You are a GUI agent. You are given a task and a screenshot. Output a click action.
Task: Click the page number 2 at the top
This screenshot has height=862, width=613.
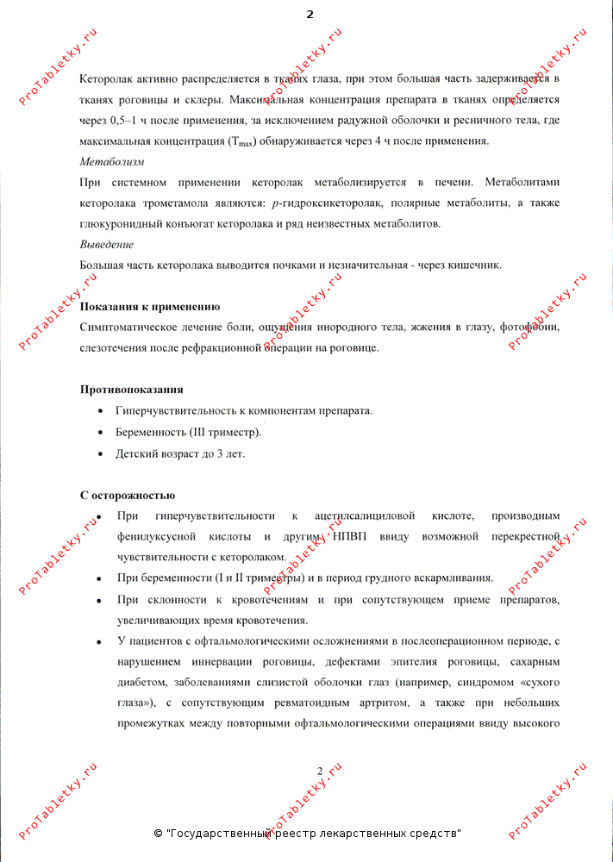click(x=310, y=15)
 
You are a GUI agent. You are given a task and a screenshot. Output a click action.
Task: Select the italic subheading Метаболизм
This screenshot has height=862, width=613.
click(x=111, y=161)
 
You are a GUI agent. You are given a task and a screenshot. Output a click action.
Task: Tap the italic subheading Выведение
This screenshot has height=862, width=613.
click(x=106, y=244)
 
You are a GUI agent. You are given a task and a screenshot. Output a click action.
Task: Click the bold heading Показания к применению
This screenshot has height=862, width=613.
click(x=149, y=307)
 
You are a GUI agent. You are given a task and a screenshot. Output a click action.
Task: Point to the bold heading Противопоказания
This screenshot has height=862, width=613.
click(x=131, y=390)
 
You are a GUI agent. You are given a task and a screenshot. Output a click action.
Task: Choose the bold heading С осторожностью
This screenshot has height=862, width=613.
click(x=128, y=496)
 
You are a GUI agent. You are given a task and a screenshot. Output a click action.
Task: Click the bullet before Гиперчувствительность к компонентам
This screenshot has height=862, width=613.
click(x=103, y=411)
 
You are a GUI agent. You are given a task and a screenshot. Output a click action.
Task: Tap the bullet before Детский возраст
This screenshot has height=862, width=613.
click(x=103, y=453)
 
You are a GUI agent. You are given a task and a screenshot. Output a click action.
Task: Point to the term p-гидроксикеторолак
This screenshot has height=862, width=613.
click(x=325, y=203)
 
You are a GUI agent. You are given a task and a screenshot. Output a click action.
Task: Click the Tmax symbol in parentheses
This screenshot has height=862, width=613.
click(x=244, y=141)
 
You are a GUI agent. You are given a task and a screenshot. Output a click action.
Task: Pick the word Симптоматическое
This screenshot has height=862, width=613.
click(x=130, y=328)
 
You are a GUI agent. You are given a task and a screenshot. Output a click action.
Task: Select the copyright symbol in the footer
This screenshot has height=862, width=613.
click(x=158, y=834)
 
